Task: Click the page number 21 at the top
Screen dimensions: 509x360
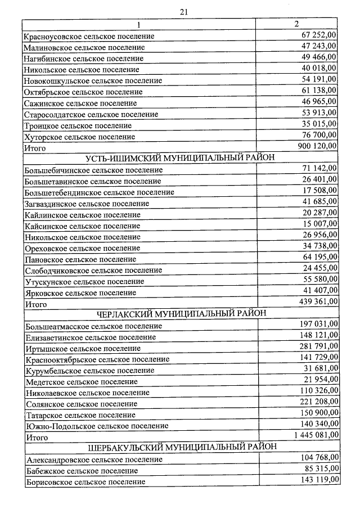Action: point(183,11)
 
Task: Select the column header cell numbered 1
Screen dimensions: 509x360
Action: point(138,25)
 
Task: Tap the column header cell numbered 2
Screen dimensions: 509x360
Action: point(296,24)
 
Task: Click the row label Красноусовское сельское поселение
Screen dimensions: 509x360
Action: point(89,36)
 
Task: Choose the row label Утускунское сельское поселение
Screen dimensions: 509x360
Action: point(81,281)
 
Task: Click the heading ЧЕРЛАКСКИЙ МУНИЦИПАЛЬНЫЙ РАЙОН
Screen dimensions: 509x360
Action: point(182,313)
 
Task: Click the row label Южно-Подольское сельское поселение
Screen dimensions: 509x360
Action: point(97,426)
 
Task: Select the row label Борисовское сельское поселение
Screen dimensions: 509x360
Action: point(85,481)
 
